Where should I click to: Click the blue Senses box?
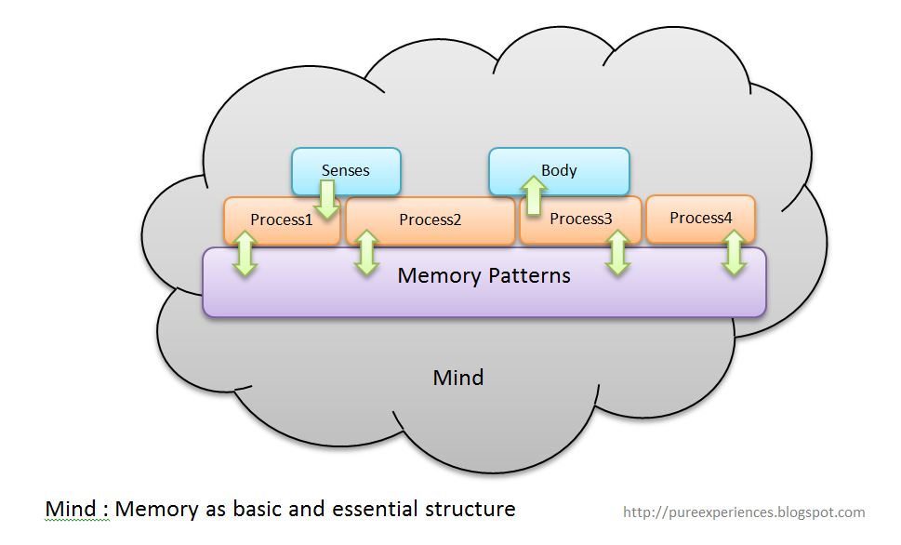pyautogui.click(x=346, y=170)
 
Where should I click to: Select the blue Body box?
pyautogui.click(x=559, y=170)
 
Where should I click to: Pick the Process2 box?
pyautogui.click(x=430, y=220)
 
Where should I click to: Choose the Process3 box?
pyautogui.click(x=580, y=219)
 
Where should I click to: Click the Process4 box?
pyautogui.click(x=700, y=218)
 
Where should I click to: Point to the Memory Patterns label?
pyautogui.click(x=484, y=275)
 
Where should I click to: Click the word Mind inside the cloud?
pyautogui.click(x=458, y=378)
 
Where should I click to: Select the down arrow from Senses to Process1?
pyautogui.click(x=326, y=199)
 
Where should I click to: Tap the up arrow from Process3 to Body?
pyautogui.click(x=533, y=196)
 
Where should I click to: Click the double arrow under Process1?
pyautogui.click(x=245, y=253)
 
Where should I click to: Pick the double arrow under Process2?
pyautogui.click(x=366, y=252)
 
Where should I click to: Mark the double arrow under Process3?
pyautogui.click(x=617, y=252)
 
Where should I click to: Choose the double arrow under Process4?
pyautogui.click(x=734, y=252)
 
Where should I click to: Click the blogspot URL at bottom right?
pyautogui.click(x=744, y=512)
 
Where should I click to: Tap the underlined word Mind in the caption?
pyautogui.click(x=71, y=509)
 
